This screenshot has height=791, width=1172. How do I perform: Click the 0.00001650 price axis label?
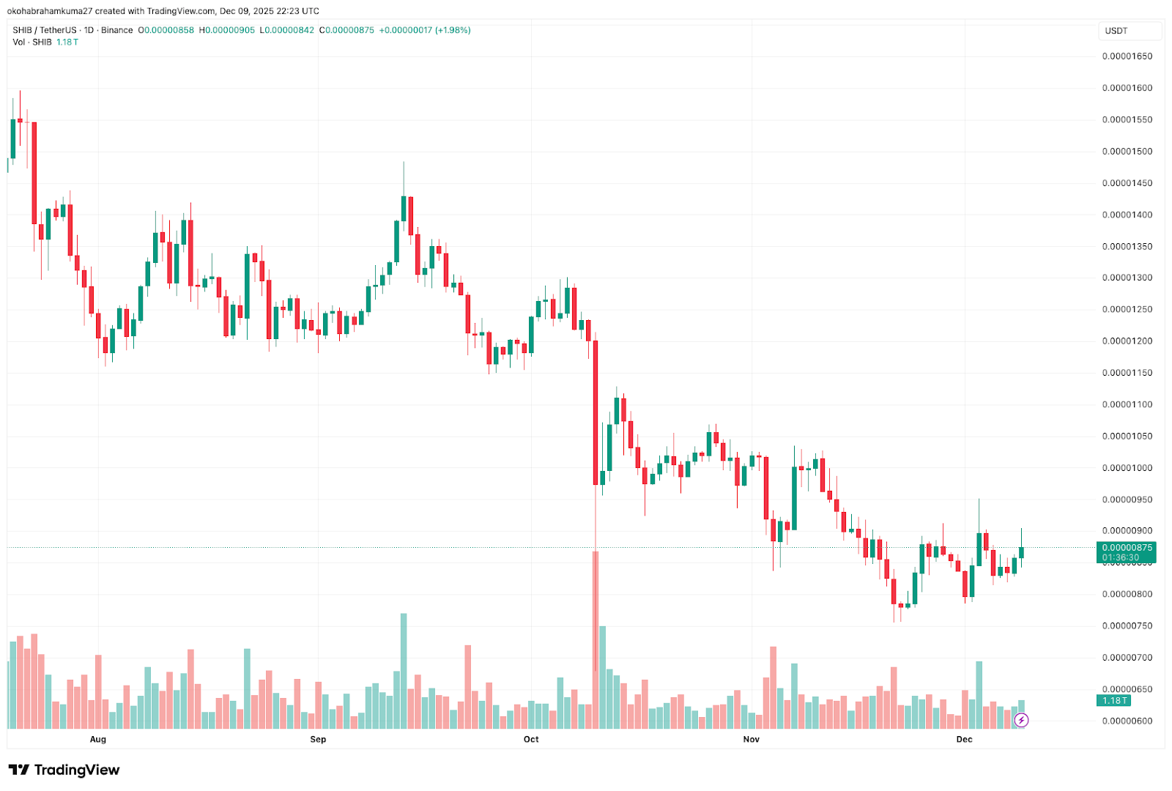pyautogui.click(x=1127, y=56)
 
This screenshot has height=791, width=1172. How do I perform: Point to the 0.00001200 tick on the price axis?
pyautogui.click(x=1127, y=341)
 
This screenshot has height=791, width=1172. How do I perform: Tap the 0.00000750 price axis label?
pyautogui.click(x=1127, y=626)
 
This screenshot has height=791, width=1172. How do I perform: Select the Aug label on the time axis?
pyautogui.click(x=98, y=740)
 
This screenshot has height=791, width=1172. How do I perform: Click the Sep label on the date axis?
pyautogui.click(x=318, y=740)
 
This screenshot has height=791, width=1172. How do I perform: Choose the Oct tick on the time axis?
pyautogui.click(x=531, y=740)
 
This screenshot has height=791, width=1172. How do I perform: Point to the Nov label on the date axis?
pyautogui.click(x=752, y=740)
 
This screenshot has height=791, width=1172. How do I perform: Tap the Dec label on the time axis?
pyautogui.click(x=964, y=740)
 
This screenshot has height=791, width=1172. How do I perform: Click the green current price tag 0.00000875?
pyautogui.click(x=1127, y=548)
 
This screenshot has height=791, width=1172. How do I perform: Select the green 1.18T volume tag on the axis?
pyautogui.click(x=1115, y=701)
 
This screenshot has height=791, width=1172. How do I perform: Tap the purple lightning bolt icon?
pyautogui.click(x=1021, y=721)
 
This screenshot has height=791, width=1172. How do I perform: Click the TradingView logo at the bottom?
pyautogui.click(x=64, y=770)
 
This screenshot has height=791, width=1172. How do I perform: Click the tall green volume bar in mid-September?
pyautogui.click(x=404, y=670)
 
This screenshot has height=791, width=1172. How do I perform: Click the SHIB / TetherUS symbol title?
pyautogui.click(x=44, y=30)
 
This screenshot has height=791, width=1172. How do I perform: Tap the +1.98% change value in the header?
pyautogui.click(x=453, y=30)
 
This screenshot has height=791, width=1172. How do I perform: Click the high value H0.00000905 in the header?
pyautogui.click(x=227, y=30)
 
